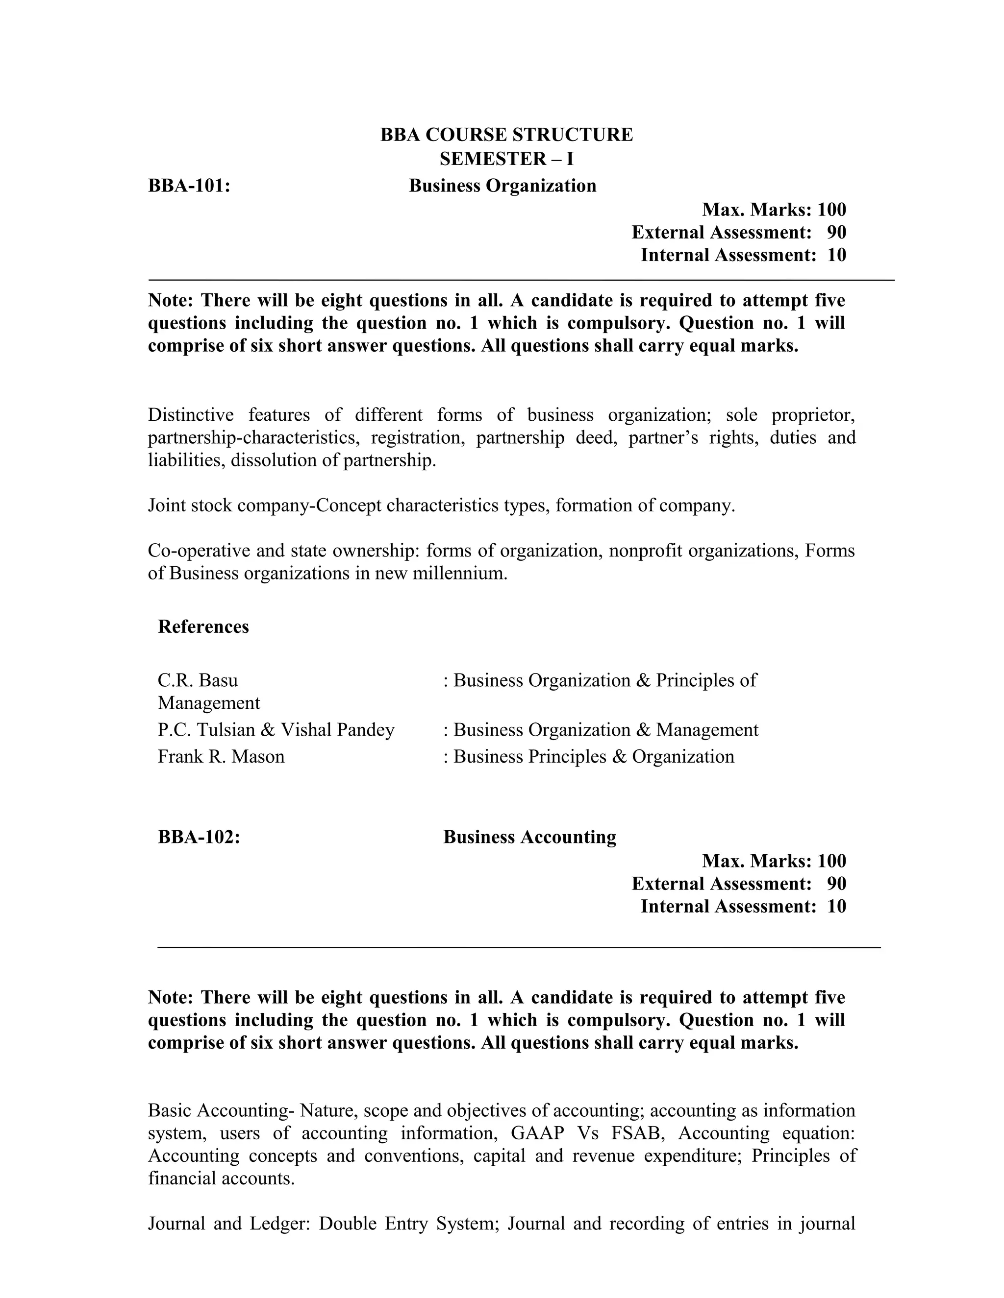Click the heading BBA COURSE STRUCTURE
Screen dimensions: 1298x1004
(506, 135)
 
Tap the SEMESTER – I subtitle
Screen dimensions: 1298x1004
(506, 159)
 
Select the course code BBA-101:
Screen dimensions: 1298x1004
(189, 186)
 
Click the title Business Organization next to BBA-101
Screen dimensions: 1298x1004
(502, 186)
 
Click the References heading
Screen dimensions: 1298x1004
(203, 626)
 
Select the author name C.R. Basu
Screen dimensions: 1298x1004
(198, 680)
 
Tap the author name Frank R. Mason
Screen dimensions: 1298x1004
(221, 757)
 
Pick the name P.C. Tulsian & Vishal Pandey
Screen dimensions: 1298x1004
(276, 730)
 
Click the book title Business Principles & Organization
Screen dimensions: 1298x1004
(594, 757)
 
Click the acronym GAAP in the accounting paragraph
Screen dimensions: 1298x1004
(537, 1133)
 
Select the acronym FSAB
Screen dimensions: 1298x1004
(636, 1133)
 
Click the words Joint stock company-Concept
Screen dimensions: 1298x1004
(265, 506)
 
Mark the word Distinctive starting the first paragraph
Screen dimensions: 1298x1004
(190, 414)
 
